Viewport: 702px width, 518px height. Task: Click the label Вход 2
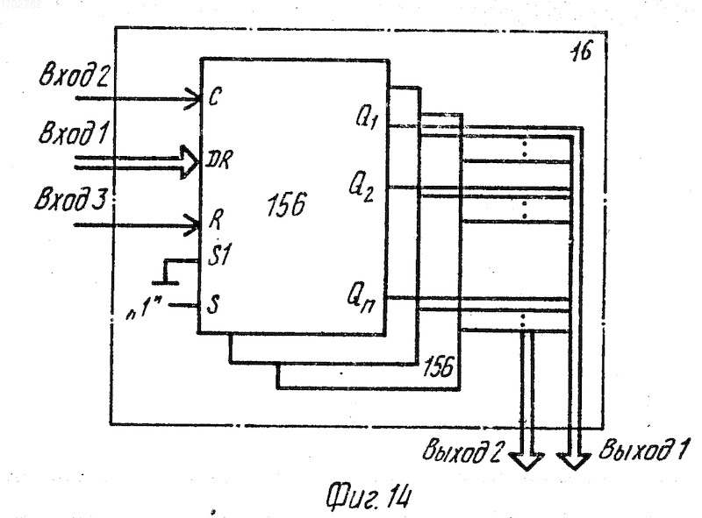click(74, 74)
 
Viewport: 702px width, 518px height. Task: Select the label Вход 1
click(74, 132)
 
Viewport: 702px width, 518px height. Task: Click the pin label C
click(214, 96)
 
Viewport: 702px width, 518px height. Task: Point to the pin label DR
click(218, 160)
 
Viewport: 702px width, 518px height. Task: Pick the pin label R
click(216, 220)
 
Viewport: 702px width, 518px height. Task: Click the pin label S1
click(219, 255)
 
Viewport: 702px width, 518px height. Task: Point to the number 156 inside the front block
click(286, 205)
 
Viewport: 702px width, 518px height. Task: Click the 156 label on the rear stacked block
click(438, 367)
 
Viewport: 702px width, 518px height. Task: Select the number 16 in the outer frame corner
click(581, 52)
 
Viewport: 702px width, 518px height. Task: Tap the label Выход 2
click(464, 451)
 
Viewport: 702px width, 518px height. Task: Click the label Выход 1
click(643, 450)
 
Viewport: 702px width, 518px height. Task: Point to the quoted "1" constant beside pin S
click(144, 309)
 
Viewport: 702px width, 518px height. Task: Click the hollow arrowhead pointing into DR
click(190, 162)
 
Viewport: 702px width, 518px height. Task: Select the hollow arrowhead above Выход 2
click(526, 461)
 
